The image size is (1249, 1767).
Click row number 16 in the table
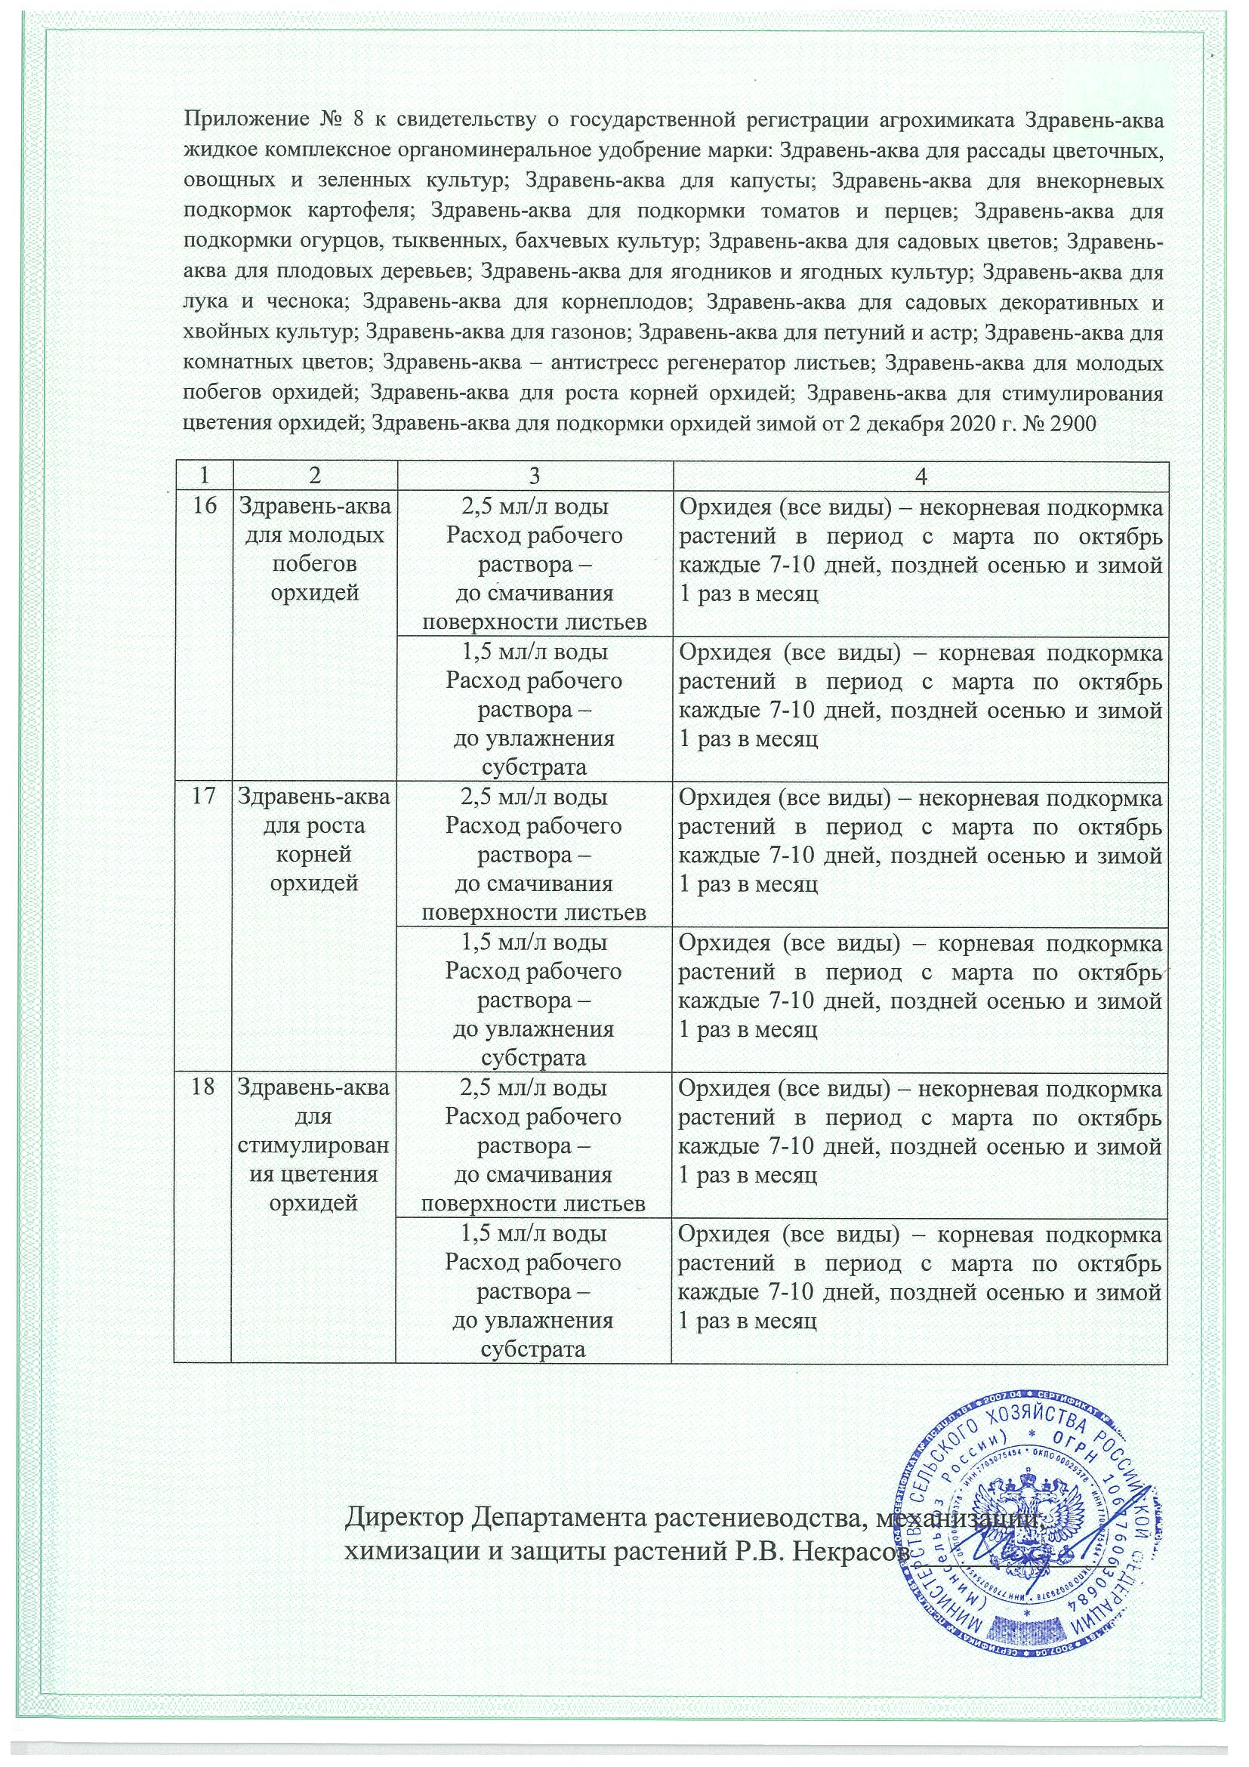coord(203,507)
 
